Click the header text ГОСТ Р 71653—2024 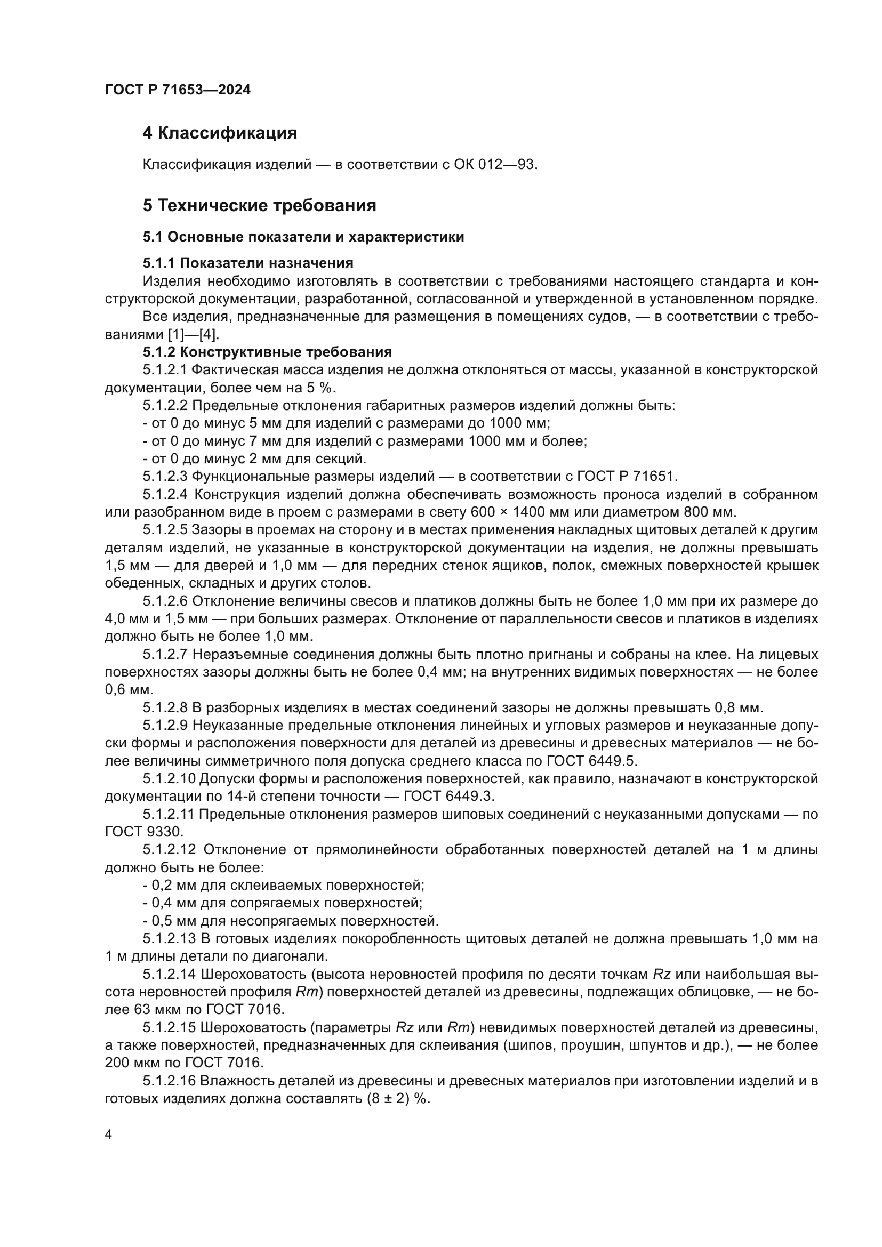pyautogui.click(x=178, y=90)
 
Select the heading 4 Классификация pyautogui.click(x=220, y=133)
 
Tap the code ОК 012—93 pyautogui.click(x=495, y=164)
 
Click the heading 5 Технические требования pyautogui.click(x=260, y=206)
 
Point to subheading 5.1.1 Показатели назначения pyautogui.click(x=248, y=263)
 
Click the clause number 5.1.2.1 pyautogui.click(x=165, y=371)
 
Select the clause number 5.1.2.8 pyautogui.click(x=165, y=707)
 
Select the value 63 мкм pyautogui.click(x=154, y=1010)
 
